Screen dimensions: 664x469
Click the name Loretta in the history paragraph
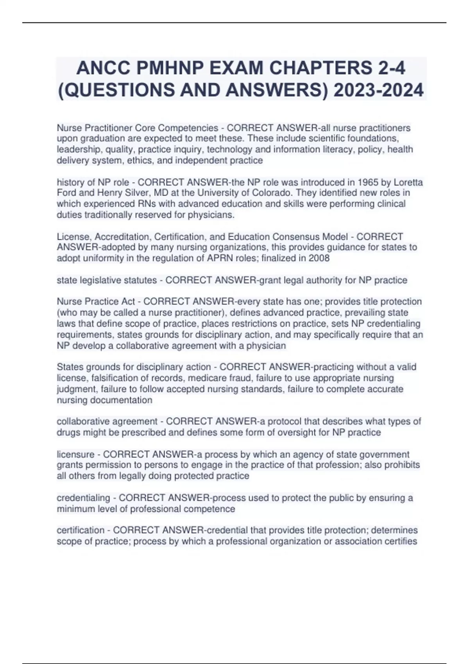click(x=408, y=182)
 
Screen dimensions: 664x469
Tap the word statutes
click(x=140, y=280)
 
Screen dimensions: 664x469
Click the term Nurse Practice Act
click(x=96, y=302)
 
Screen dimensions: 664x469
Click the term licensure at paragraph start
click(x=75, y=454)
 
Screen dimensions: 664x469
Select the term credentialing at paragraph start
click(x=83, y=498)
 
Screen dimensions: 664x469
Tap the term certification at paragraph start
click(x=81, y=530)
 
